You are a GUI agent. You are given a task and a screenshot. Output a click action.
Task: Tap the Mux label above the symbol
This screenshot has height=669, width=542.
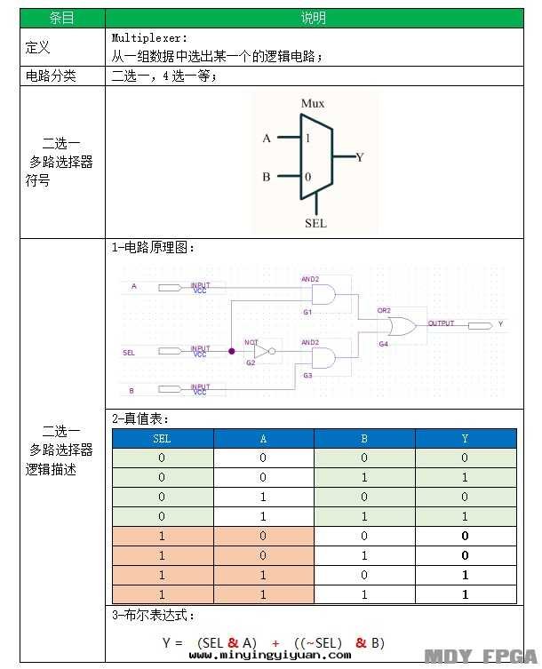[x=313, y=104]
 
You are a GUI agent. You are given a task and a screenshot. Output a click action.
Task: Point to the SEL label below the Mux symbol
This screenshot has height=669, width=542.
[x=315, y=223]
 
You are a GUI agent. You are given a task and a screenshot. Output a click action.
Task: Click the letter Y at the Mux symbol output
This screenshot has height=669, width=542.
[x=360, y=157]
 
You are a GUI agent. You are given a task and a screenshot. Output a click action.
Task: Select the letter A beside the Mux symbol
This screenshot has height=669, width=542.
[x=267, y=139]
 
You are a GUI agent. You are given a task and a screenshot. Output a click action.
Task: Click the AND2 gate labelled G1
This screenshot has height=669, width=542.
[x=323, y=294]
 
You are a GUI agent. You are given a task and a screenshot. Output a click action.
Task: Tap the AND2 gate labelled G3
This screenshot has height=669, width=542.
[x=323, y=358]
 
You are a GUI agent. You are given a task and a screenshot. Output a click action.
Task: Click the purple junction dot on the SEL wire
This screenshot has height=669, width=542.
[x=232, y=352]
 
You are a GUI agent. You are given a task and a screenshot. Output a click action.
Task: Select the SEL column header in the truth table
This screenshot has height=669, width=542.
[x=163, y=438]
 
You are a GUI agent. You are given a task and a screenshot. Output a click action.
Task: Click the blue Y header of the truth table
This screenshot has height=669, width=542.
[x=465, y=438]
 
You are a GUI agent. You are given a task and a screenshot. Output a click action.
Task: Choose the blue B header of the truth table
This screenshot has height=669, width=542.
[x=364, y=438]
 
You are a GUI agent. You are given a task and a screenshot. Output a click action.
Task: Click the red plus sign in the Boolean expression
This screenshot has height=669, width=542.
[x=275, y=642]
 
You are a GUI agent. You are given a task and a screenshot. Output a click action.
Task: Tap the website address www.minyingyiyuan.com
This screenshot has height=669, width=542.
[x=270, y=656]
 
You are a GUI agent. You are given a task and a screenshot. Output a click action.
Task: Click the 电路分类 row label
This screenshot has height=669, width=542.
[x=52, y=76]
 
